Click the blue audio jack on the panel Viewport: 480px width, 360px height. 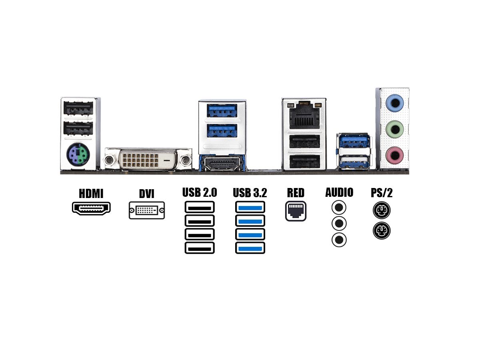pos(394,103)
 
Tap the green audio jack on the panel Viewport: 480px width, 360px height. pos(394,129)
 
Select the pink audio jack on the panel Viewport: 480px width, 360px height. pos(394,154)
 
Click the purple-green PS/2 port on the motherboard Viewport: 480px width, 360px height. pos(78,154)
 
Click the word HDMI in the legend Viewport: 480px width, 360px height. pos(91,194)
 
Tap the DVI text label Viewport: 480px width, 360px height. pos(146,194)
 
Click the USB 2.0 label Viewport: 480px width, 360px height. pos(200,192)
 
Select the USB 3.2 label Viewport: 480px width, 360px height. pos(250,193)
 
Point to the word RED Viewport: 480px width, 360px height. pos(296,192)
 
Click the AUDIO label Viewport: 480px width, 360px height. pos(339,192)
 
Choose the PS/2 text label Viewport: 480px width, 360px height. pos(382,192)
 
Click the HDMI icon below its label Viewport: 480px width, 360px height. pos(91,208)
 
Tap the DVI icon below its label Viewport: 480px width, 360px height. pos(147,210)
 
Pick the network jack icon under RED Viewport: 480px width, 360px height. pos(296,211)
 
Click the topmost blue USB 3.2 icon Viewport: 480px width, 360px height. pos(250,207)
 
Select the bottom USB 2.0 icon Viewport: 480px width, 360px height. pos(200,248)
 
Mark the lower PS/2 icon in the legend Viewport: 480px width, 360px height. pos(381,230)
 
